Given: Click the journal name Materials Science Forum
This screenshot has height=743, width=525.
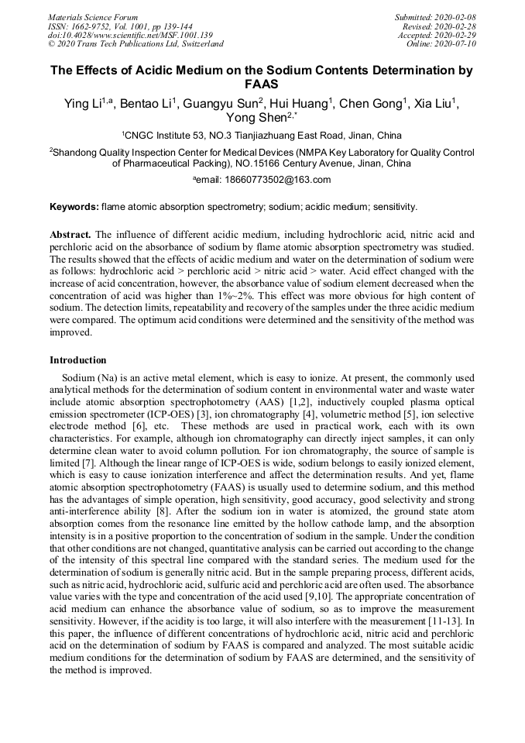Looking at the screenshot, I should [x=93, y=17].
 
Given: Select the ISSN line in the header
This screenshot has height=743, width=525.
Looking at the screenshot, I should [x=120, y=26].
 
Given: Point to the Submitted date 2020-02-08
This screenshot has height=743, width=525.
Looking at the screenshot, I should [x=435, y=17].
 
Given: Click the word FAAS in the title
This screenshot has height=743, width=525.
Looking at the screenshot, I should [x=262, y=84].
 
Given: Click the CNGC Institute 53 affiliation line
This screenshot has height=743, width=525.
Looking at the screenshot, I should [x=262, y=134].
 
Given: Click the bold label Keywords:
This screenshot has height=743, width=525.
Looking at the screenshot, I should [x=74, y=207].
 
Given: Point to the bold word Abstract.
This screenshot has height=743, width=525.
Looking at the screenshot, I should [x=71, y=233].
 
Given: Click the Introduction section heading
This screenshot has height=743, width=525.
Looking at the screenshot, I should [x=78, y=360].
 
